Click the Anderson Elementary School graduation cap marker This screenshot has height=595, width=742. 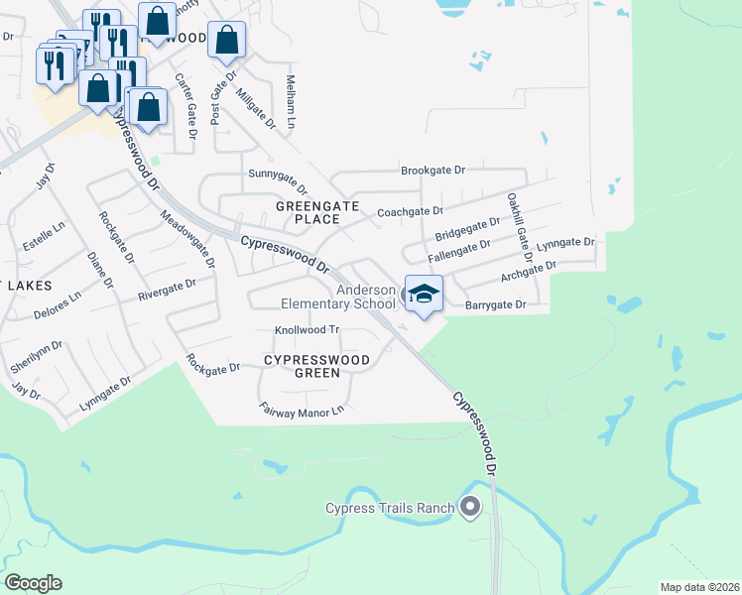[x=424, y=295]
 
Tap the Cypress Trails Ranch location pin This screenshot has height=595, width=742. [x=470, y=507]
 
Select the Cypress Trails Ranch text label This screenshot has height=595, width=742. [x=390, y=509]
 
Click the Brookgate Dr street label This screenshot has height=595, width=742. [x=433, y=171]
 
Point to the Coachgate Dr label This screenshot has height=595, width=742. [x=410, y=211]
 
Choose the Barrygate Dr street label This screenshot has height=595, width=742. [x=495, y=305]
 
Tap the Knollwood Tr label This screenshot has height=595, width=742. [x=307, y=330]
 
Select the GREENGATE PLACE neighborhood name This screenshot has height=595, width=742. [x=308, y=212]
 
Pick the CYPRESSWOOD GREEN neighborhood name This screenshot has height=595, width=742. [x=316, y=366]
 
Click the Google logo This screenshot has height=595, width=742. [x=33, y=583]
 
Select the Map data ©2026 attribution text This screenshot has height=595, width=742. [x=699, y=587]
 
